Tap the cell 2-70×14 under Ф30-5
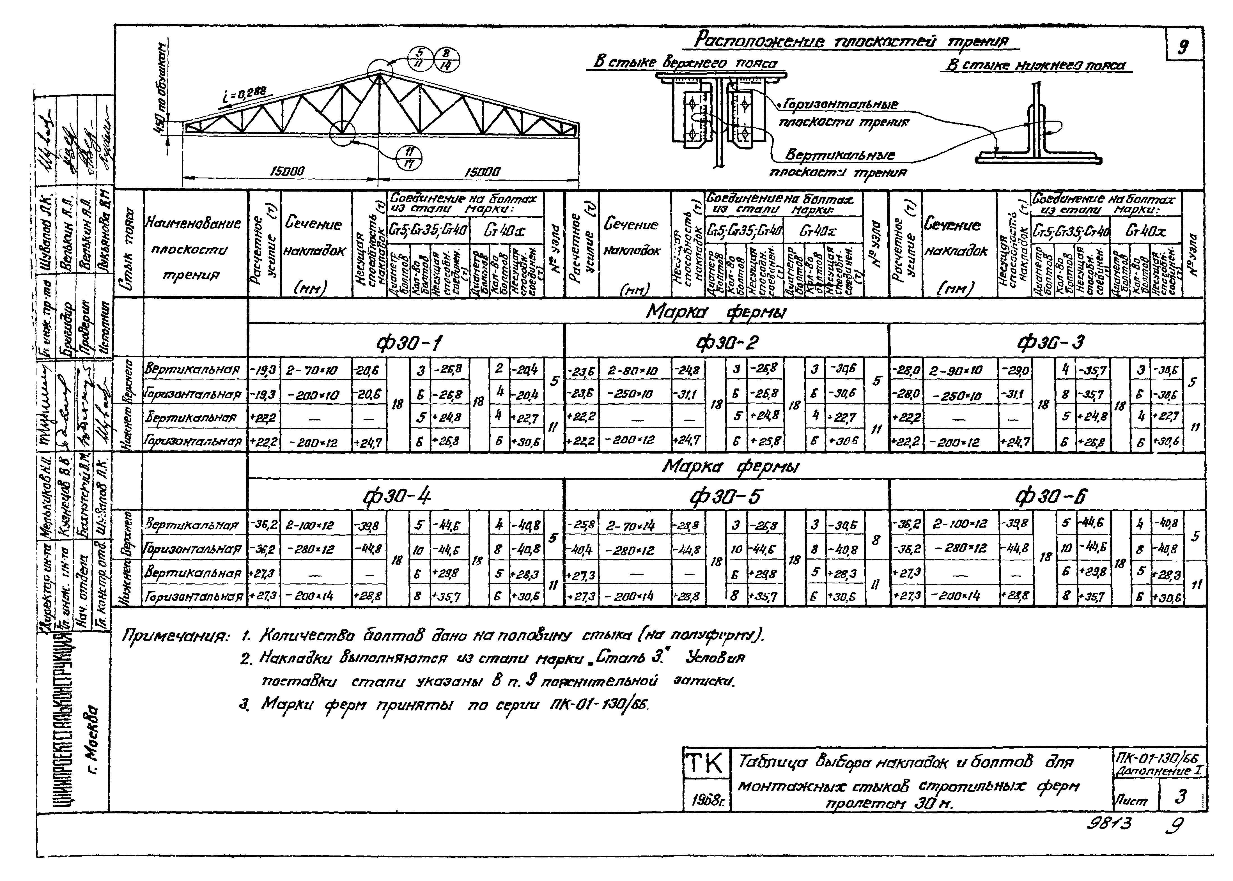pyautogui.click(x=630, y=525)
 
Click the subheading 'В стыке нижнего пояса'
pyautogui.click(x=1035, y=66)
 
